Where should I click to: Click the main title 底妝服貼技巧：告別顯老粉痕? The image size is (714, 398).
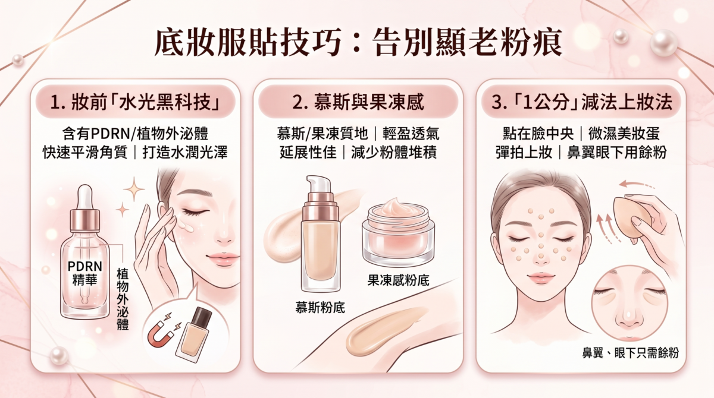pos(357,43)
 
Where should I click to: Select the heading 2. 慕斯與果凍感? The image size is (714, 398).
pos(358,103)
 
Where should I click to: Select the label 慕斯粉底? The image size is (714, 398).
pos(320,308)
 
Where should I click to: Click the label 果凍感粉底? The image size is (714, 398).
pos(399,279)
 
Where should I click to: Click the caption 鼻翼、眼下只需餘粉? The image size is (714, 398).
pos(630,353)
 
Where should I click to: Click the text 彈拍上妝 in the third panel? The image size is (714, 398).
pos(524,152)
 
